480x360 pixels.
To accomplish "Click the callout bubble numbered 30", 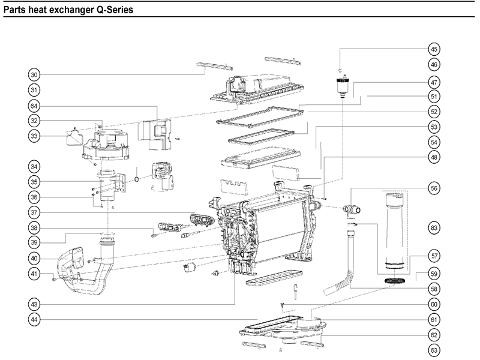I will click(x=35, y=74).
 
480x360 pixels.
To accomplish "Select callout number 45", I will click(x=434, y=49).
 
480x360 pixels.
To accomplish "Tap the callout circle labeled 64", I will click(x=35, y=106).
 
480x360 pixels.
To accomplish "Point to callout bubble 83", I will click(x=434, y=227).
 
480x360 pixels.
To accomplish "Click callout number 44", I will click(x=35, y=320).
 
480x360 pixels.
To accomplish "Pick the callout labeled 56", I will click(x=434, y=187).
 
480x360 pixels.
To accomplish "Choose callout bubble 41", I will click(x=35, y=274).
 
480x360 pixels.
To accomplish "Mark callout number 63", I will click(x=434, y=350).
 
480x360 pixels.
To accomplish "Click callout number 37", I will click(x=35, y=212).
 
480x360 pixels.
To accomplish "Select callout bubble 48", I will click(x=434, y=157).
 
